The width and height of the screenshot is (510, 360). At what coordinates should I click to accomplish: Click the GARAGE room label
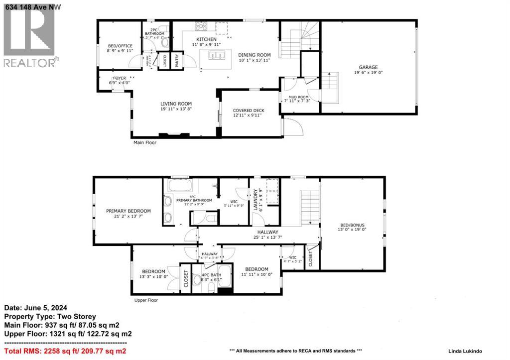369,67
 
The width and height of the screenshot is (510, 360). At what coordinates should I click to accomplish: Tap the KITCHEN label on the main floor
206,39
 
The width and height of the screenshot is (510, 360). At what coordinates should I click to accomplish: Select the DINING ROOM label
254,55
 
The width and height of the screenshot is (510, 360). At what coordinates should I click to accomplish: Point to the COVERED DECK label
249,111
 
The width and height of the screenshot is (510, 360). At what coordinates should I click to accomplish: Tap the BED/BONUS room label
352,225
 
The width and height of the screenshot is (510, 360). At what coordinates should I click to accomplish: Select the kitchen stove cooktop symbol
201,27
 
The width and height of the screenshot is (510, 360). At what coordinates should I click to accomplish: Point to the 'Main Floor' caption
144,142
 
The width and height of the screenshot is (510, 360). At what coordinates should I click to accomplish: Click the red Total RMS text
65,351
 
